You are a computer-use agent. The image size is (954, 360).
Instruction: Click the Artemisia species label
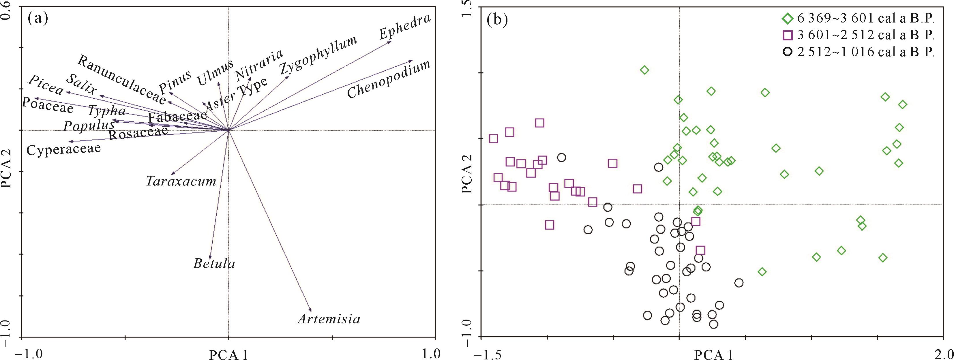329,319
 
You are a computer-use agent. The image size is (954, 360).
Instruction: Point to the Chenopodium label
389,79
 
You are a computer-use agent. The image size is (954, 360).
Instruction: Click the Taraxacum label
181,181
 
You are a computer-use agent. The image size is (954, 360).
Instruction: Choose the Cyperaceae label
64,149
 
